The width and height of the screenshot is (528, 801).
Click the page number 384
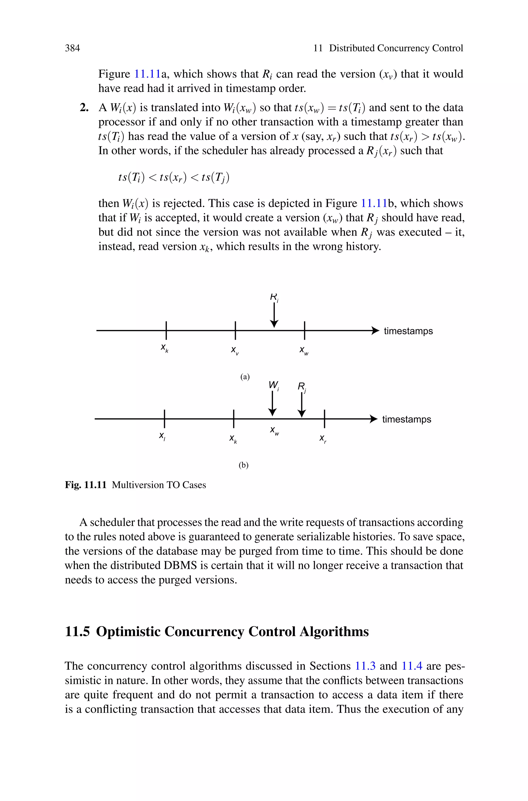coord(72,48)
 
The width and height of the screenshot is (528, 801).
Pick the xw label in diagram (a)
coord(304,350)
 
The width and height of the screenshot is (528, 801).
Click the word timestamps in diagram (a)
coord(408,331)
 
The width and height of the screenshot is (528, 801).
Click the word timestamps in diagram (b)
coord(406,419)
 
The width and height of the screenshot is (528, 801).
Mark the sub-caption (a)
coord(245,377)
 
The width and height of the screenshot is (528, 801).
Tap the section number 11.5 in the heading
coord(77,631)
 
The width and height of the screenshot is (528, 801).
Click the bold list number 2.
coord(84,108)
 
